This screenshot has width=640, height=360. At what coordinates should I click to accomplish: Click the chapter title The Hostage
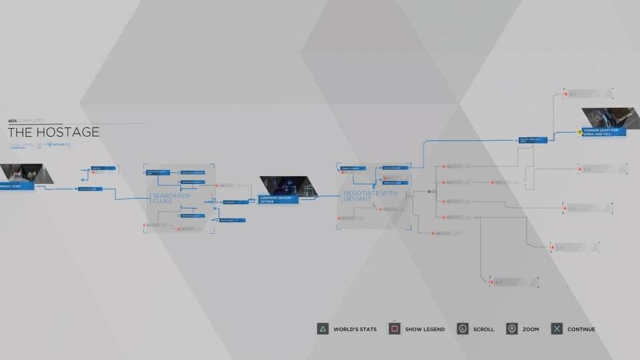(54, 132)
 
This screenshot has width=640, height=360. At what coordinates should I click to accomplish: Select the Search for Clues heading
(170, 198)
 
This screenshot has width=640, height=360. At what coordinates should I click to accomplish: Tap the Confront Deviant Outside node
(278, 199)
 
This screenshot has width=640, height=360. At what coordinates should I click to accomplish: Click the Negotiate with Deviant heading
(370, 196)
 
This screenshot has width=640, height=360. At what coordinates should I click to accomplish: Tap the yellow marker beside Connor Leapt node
(579, 132)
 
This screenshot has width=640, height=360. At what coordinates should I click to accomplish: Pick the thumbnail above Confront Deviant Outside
(282, 185)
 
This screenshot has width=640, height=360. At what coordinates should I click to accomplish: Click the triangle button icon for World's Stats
(322, 329)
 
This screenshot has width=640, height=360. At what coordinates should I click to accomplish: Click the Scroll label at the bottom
(483, 329)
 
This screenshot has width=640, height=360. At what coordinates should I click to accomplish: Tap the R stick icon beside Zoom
(511, 329)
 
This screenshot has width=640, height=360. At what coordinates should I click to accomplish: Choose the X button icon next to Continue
(556, 329)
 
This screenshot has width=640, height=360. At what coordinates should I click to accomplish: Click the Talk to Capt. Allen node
(90, 189)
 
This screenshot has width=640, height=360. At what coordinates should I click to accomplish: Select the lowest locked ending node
(513, 282)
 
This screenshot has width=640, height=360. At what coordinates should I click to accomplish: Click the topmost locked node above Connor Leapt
(588, 94)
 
